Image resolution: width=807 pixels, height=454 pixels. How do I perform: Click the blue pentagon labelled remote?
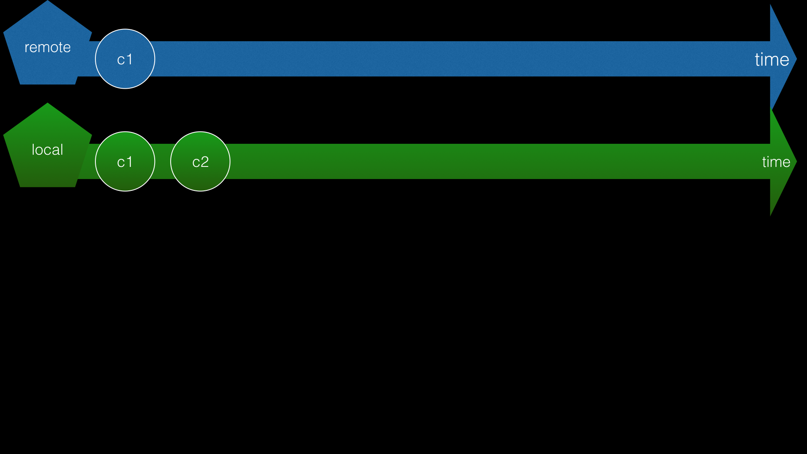[47, 63]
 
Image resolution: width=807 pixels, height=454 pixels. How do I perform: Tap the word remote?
[47, 47]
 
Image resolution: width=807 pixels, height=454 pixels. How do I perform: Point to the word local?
[47, 150]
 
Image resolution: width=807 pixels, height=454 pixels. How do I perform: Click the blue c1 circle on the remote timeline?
[125, 74]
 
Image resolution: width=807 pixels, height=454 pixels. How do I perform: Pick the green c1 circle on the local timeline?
[125, 177]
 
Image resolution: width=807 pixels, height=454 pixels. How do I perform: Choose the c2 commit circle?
[200, 177]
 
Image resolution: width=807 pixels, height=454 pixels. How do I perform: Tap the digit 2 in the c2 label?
[204, 162]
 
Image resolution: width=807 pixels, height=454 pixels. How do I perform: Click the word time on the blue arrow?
[772, 59]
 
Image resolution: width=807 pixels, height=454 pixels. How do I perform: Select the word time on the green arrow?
[776, 162]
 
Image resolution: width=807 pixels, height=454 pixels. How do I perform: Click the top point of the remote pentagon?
[47, 1]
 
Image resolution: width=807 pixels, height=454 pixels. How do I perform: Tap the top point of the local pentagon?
[47, 104]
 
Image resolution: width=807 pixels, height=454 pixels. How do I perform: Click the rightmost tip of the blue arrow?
[796, 59]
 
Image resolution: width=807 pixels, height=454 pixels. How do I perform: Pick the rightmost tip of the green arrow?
[796, 162]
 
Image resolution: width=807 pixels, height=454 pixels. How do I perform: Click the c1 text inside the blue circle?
[125, 59]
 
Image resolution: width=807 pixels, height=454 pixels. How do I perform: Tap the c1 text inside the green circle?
[125, 162]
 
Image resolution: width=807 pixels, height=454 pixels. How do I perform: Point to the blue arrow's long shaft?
[420, 59]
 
